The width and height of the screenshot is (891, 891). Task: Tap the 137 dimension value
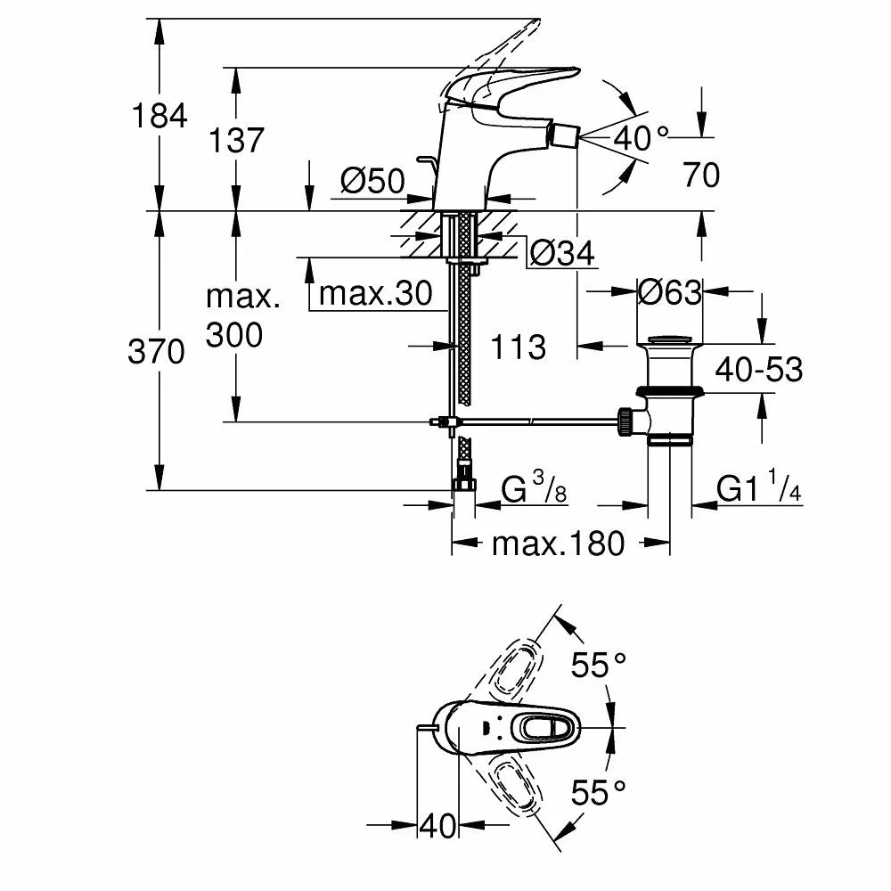tap(236, 140)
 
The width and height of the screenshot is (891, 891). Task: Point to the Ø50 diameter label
tap(372, 181)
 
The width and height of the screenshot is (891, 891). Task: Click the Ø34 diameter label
tap(562, 253)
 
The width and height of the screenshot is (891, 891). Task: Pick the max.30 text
tap(376, 293)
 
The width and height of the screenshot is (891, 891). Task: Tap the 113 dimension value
tap(518, 347)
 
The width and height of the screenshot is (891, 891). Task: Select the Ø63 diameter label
tap(669, 292)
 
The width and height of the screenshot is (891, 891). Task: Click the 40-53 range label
tap(758, 370)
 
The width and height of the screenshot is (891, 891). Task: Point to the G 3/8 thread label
tap(534, 487)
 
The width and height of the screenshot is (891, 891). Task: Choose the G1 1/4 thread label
tap(758, 487)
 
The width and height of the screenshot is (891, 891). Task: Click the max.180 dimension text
tap(558, 544)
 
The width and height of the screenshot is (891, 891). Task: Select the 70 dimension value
tap(701, 175)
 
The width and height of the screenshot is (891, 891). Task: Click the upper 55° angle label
tap(599, 665)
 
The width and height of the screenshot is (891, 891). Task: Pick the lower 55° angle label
tap(599, 793)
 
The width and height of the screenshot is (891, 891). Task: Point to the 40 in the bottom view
tap(437, 826)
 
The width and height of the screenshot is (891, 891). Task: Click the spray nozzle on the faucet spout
tap(561, 137)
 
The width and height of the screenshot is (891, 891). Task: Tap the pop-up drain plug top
tap(670, 340)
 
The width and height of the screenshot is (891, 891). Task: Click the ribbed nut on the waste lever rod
tap(625, 421)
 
